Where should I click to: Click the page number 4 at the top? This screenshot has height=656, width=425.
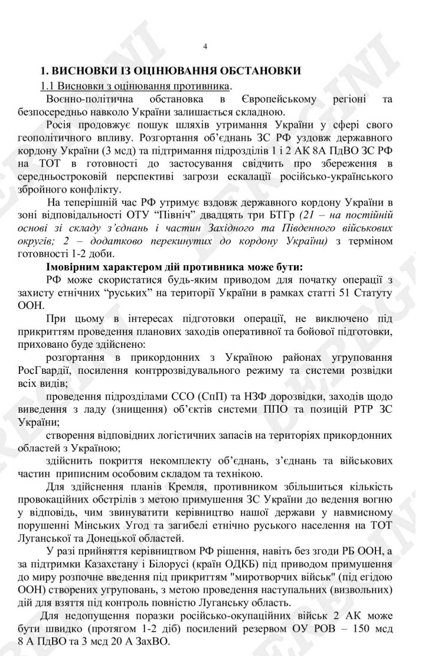205,47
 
